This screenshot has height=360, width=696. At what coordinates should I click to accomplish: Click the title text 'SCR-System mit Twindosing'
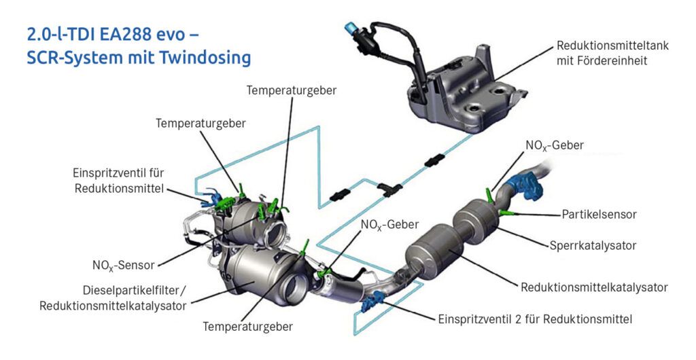139,58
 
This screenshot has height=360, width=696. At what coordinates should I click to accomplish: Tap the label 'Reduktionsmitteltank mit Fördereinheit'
612,53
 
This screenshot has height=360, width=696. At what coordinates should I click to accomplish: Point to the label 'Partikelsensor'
599,214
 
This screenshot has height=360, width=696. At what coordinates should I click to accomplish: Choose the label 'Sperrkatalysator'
592,245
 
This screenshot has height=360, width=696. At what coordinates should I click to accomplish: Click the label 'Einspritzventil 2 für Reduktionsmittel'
536,318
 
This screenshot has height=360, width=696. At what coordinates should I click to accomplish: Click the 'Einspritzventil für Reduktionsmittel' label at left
120,180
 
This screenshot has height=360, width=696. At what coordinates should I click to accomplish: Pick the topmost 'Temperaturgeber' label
291,90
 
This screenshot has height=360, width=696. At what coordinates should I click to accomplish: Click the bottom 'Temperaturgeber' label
247,326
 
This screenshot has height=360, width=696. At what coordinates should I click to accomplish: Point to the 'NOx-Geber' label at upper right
554,145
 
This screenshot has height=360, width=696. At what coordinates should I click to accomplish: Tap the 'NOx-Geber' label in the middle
389,224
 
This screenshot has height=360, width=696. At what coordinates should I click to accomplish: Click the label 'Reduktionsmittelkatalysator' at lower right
594,287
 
